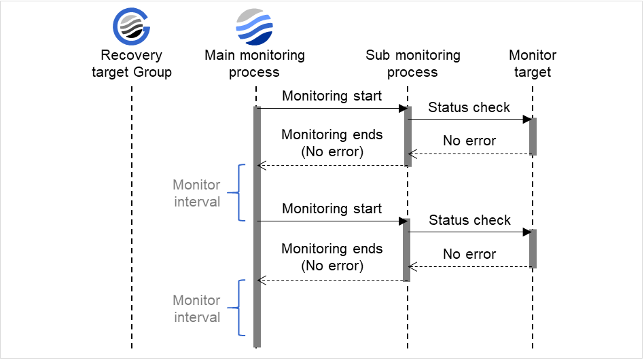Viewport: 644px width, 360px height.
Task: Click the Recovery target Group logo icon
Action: (x=131, y=27)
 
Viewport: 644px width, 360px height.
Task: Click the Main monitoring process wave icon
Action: (x=254, y=27)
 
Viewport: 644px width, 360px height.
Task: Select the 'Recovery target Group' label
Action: (x=132, y=64)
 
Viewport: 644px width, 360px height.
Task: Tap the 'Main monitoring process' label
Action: (x=255, y=64)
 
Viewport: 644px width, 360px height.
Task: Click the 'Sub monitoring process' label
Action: (x=412, y=64)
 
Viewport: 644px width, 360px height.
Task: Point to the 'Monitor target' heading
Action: (x=533, y=64)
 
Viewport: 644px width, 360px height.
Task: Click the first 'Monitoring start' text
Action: (x=332, y=96)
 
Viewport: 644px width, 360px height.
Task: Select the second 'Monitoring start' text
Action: (x=332, y=209)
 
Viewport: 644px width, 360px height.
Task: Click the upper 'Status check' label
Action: (x=469, y=107)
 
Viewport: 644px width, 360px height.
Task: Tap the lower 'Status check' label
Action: (x=469, y=220)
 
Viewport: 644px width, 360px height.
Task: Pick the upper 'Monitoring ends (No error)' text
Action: (x=332, y=143)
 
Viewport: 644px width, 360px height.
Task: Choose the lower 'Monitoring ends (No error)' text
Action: (x=332, y=257)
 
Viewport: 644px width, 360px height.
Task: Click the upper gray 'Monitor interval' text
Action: (x=196, y=194)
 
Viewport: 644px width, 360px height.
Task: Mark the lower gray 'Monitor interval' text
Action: (x=196, y=309)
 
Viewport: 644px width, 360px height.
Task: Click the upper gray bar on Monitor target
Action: (x=533, y=137)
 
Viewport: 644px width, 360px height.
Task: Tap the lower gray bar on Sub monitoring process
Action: (x=408, y=250)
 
